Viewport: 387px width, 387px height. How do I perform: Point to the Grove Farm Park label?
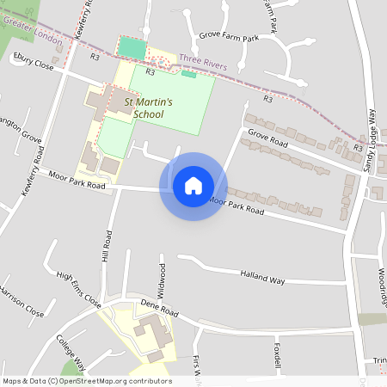[x=228, y=39]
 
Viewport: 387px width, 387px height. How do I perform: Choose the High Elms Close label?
[x=78, y=289]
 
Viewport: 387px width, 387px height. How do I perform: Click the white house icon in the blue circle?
[x=193, y=186]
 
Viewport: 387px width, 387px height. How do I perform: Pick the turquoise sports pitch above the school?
[x=132, y=48]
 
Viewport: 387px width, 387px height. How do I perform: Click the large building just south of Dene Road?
[x=151, y=330]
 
